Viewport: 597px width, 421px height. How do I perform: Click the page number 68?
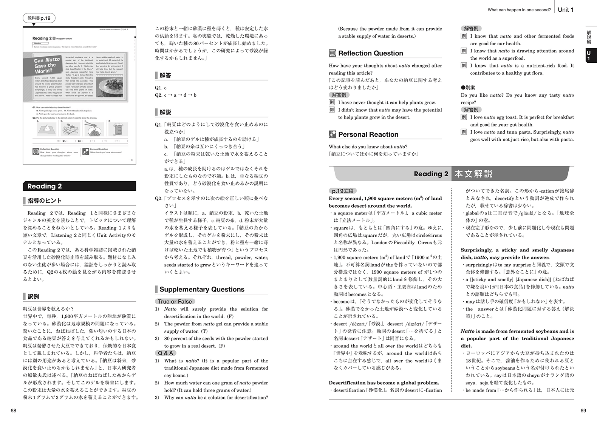[14, 411]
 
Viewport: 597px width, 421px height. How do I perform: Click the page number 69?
[583, 411]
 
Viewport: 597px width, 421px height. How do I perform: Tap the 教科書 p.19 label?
[39, 18]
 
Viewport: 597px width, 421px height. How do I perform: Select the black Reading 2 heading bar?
[79, 186]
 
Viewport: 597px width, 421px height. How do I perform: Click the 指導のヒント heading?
[45, 201]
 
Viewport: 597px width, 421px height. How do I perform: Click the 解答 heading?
[165, 76]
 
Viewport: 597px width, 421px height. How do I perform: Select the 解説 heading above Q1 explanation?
[165, 112]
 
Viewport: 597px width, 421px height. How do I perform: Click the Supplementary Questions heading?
[202, 290]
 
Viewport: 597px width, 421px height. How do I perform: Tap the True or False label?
[175, 301]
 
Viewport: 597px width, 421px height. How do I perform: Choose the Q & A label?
[165, 353]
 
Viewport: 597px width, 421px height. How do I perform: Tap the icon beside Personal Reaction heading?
[333, 134]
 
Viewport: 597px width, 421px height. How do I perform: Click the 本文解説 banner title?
[473, 174]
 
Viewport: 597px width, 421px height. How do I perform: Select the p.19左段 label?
[342, 191]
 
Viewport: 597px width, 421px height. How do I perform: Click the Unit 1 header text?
[565, 10]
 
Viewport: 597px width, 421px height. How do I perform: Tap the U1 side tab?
[588, 56]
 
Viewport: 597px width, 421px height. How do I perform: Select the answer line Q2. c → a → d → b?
[176, 95]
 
